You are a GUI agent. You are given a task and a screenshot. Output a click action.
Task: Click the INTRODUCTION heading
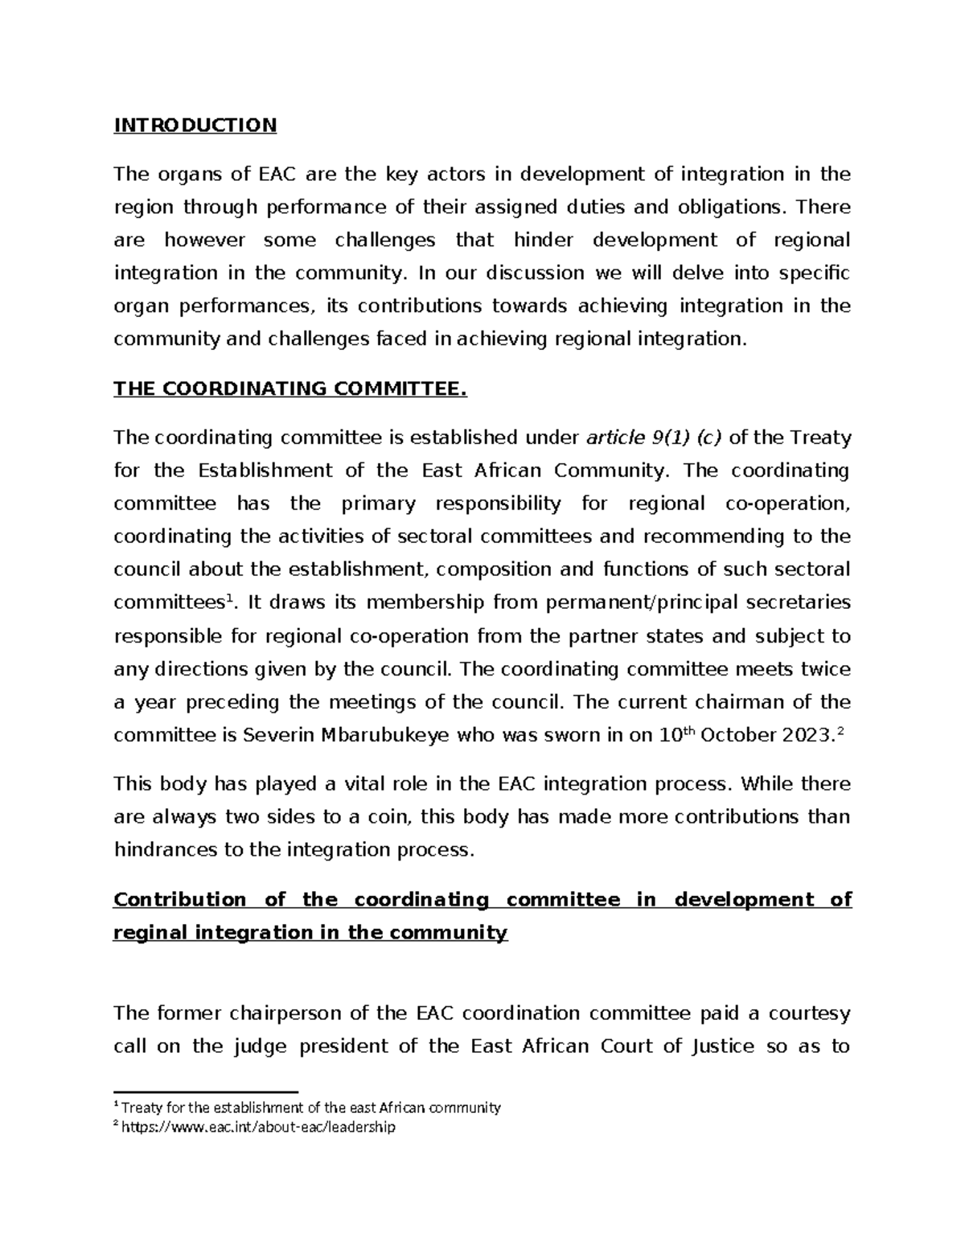195,125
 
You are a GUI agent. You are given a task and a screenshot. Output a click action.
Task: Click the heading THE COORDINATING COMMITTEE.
289,389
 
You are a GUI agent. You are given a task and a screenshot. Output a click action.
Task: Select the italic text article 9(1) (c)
654,438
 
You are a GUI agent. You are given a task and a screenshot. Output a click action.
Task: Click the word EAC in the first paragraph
277,175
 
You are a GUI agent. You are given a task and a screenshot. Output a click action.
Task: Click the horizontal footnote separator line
206,1092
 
